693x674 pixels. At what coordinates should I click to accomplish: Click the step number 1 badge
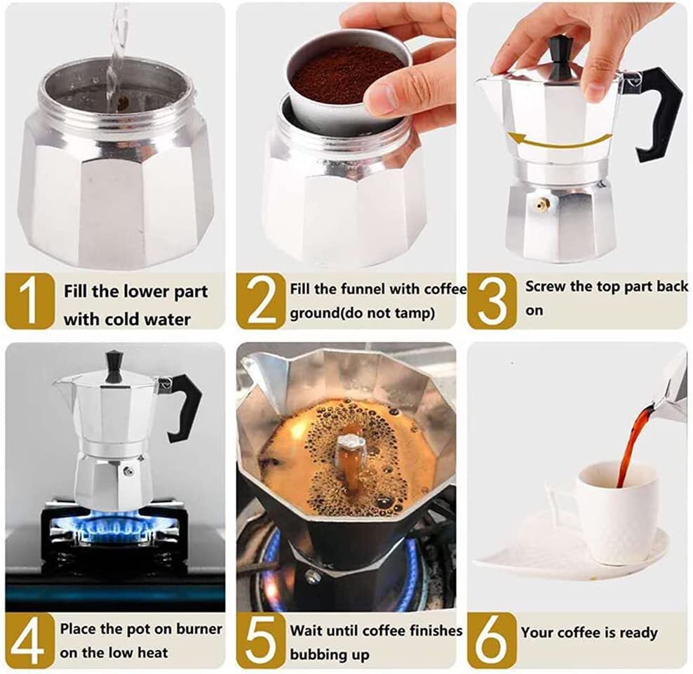click(29, 300)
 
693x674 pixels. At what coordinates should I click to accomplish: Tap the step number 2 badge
click(262, 300)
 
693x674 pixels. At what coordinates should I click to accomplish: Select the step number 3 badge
click(492, 300)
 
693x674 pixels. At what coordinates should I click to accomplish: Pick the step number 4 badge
click(29, 640)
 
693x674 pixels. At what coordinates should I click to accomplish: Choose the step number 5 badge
click(262, 640)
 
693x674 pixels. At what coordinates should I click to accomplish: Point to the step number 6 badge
click(492, 640)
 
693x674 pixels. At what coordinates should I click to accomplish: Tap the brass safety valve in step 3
click(541, 204)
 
